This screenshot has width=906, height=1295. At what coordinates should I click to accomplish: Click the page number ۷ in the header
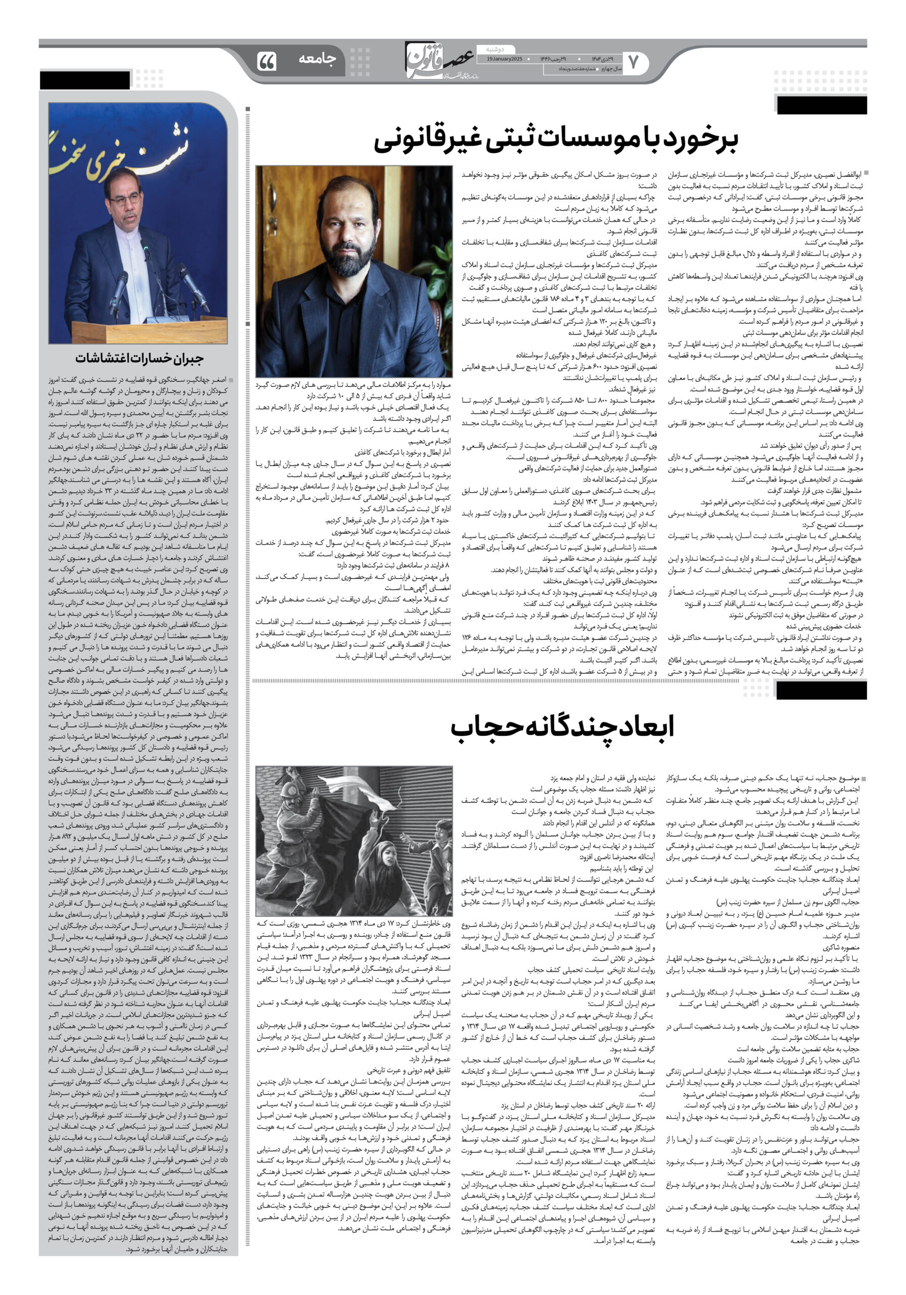click(x=632, y=62)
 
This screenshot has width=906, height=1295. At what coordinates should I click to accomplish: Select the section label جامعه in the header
click(x=317, y=58)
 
